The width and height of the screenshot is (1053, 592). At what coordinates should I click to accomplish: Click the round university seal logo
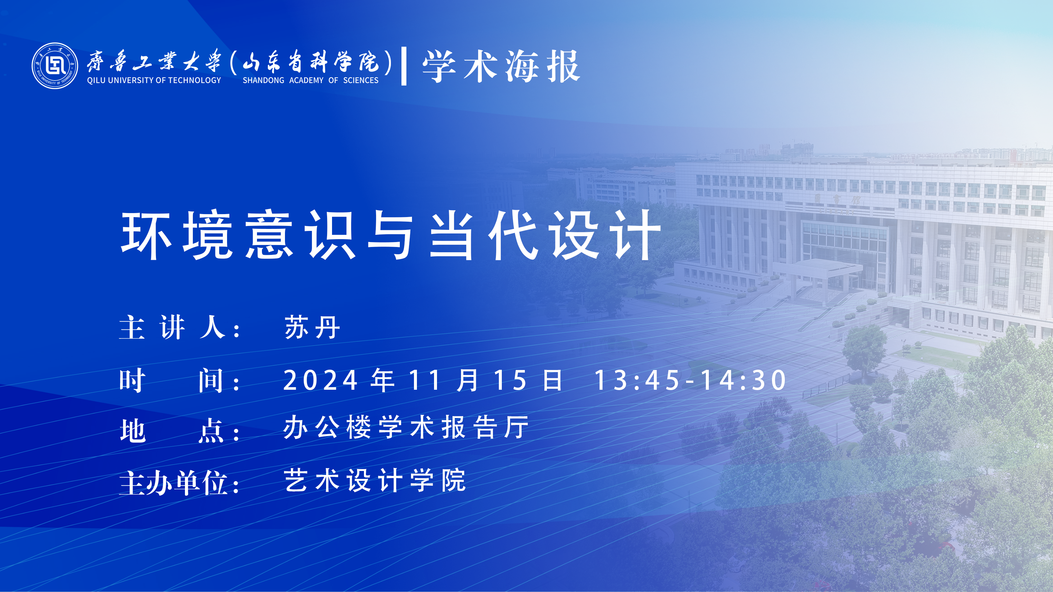(x=55, y=66)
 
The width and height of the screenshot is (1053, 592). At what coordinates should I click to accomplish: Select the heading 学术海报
(x=501, y=66)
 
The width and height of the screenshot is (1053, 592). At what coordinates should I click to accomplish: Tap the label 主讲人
(x=172, y=327)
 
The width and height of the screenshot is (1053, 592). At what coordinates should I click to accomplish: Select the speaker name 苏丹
(x=312, y=327)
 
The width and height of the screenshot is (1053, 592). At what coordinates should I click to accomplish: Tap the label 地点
(x=172, y=430)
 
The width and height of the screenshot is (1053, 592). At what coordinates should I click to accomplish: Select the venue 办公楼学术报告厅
(x=406, y=427)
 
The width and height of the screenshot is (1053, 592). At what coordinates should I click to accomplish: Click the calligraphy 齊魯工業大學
(x=154, y=62)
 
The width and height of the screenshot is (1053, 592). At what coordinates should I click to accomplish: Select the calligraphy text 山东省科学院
(x=311, y=62)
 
